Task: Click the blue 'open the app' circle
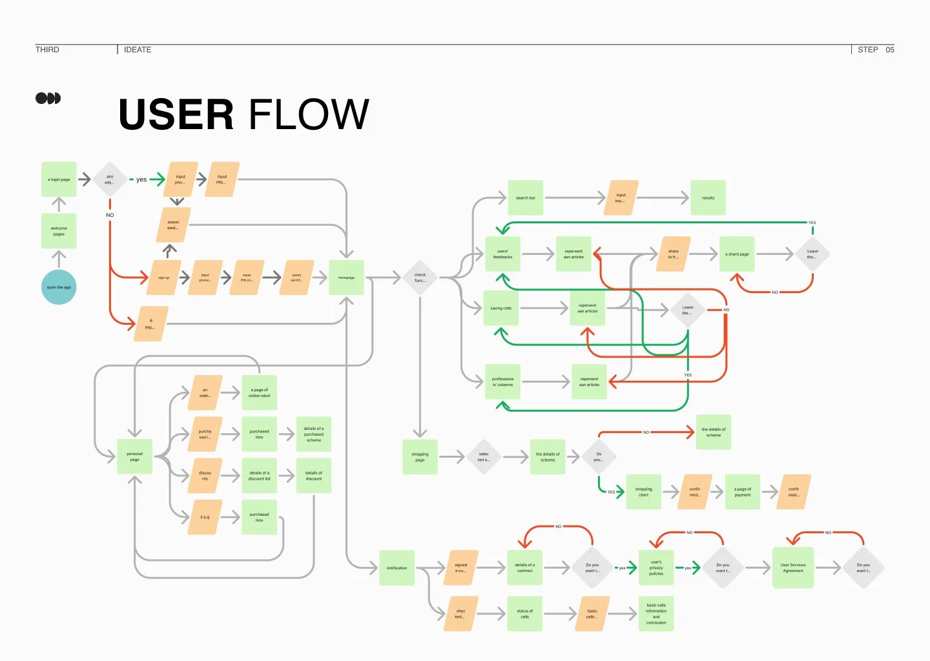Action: [x=59, y=287]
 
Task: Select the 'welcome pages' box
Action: [x=59, y=231]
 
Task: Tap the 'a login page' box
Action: [x=59, y=179]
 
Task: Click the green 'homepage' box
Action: [x=346, y=278]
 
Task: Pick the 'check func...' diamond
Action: [x=420, y=278]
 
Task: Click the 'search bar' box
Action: [x=526, y=198]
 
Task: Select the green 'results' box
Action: [x=708, y=198]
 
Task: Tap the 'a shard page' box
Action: [x=737, y=254]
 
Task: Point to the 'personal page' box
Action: [x=134, y=456]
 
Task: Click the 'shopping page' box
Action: [x=420, y=457]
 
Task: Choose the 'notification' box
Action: [x=397, y=568]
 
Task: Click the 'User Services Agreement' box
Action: [x=793, y=568]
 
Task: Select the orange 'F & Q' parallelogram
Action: [x=205, y=517]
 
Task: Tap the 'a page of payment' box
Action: [x=743, y=492]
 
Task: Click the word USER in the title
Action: [x=176, y=115]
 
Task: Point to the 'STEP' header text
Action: [x=867, y=50]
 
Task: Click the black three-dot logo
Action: [x=48, y=98]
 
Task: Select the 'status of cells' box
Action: [x=524, y=613]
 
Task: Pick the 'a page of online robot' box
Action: [x=259, y=392]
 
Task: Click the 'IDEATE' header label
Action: [x=138, y=50]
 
